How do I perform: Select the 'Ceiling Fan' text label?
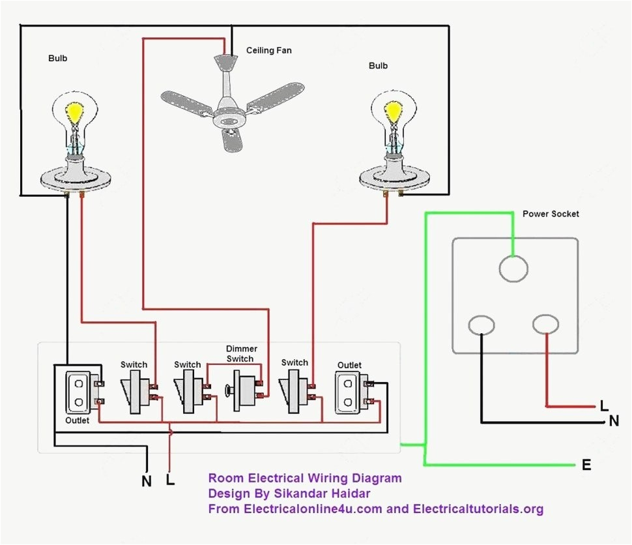[x=268, y=50]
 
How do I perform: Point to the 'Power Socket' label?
[x=551, y=214]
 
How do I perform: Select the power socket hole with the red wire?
[x=545, y=323]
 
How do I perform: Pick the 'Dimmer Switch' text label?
[x=240, y=354]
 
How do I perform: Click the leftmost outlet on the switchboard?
[x=78, y=392]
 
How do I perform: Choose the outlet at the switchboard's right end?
[x=349, y=392]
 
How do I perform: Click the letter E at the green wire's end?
[x=586, y=465]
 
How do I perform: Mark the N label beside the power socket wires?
[x=613, y=421]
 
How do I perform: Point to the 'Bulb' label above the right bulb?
[x=378, y=66]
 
